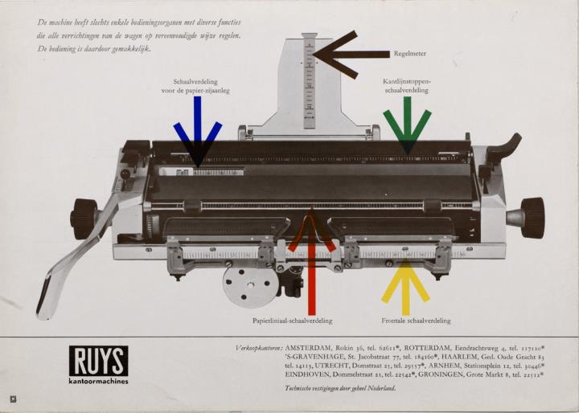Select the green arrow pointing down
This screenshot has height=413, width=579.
(x=407, y=127)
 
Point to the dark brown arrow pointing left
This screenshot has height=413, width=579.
(x=346, y=55)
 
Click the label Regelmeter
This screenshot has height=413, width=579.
(x=409, y=55)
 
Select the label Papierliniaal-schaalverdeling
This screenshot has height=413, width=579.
(x=292, y=321)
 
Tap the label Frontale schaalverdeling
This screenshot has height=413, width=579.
(x=416, y=321)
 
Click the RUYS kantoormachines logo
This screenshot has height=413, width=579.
(x=98, y=365)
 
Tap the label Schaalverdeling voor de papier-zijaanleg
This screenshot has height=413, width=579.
(x=196, y=86)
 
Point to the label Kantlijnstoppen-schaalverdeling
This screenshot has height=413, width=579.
(x=407, y=86)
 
